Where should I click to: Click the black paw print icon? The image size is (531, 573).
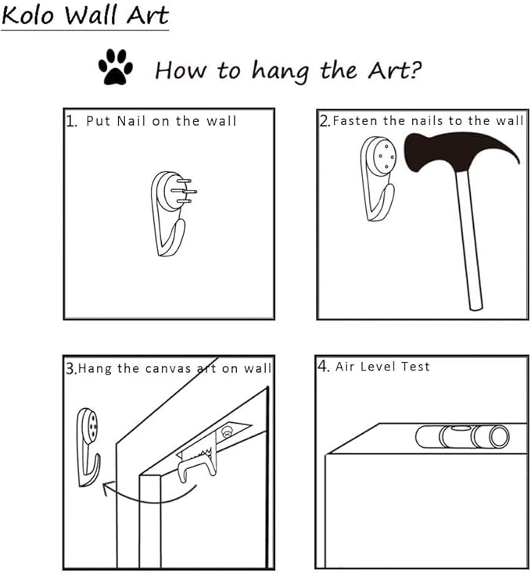pos(116,67)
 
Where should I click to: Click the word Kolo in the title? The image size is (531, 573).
pos(28,16)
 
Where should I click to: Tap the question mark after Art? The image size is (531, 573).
pos(414,70)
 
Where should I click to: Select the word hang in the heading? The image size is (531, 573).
pos(280,71)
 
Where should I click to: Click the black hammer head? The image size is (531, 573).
pos(457,152)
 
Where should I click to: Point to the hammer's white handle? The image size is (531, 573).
pos(469,242)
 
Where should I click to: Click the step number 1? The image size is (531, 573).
pos(71,121)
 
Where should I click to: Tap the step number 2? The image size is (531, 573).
pos(325,121)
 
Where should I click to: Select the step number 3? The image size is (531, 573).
pos(71,368)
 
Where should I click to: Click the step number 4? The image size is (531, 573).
pos(323,366)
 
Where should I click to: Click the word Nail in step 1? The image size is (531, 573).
pos(131,121)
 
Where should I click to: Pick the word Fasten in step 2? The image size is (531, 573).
pos(355,120)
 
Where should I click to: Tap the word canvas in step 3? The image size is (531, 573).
pos(168,369)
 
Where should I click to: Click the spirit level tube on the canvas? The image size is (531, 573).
pos(462,436)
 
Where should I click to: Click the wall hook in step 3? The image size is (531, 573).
pos(88,447)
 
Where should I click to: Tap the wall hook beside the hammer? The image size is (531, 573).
pos(379,178)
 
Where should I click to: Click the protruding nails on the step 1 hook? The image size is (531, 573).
pos(184,191)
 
